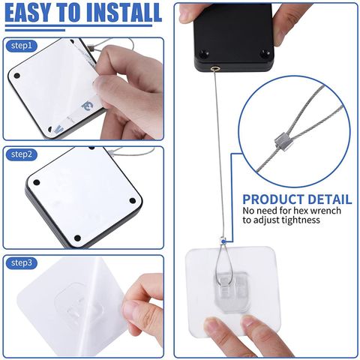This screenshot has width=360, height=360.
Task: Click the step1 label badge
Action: [x=22, y=46]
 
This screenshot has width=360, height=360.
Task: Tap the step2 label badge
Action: [x=22, y=154]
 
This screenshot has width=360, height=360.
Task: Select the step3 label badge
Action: [x=22, y=263]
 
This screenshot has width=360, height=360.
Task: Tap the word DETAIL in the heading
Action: [x=330, y=199]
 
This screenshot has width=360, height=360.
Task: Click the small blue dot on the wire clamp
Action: [x=223, y=241]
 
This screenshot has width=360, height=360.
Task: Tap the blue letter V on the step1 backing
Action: [x=59, y=129]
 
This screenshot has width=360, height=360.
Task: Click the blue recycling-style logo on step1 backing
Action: [x=87, y=106]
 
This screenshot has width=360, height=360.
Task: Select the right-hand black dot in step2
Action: [x=133, y=201]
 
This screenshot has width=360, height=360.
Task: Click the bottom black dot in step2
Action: [x=77, y=238]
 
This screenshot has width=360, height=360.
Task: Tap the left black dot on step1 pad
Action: [x=17, y=76]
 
